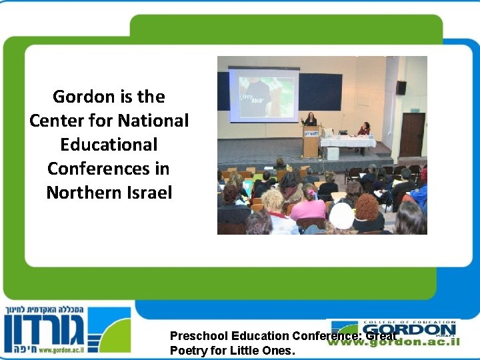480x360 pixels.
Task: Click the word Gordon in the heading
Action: [x=75, y=97]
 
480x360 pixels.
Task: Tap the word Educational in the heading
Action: [x=109, y=145]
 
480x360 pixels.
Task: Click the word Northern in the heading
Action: [x=78, y=193]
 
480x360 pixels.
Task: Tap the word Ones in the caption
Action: [x=277, y=350]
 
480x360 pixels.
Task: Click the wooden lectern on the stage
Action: [x=311, y=141]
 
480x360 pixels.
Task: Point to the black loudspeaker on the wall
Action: [x=401, y=87]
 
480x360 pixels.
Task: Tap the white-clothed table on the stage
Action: [x=347, y=141]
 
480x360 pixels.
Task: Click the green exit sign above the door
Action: [x=415, y=110]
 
